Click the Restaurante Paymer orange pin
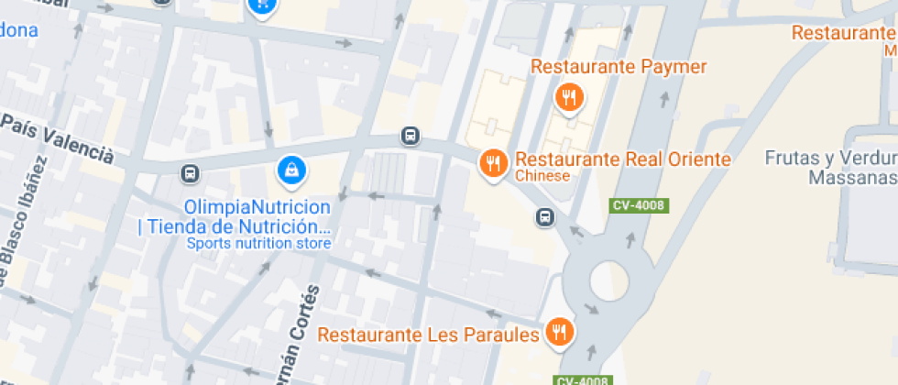(569, 95)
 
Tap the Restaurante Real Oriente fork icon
(494, 163)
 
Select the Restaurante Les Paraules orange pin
(558, 332)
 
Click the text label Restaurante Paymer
(619, 67)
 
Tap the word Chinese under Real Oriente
(542, 176)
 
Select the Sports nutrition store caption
(258, 244)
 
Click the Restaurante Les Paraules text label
(428, 335)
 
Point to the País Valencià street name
(57, 137)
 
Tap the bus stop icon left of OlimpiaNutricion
(190, 173)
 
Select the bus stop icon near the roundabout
(544, 217)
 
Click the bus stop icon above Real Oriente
(410, 137)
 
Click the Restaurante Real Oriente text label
(623, 159)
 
